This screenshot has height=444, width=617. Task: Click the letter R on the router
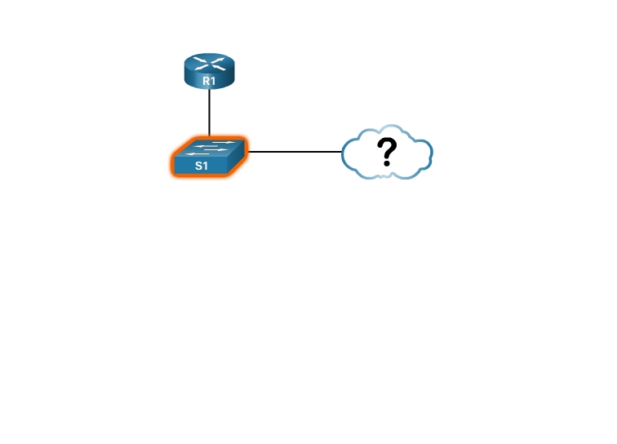click(x=206, y=81)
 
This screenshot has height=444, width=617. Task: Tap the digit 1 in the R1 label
click(x=213, y=81)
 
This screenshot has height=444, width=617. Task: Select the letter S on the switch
click(x=198, y=166)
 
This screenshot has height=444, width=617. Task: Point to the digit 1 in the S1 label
click(x=205, y=166)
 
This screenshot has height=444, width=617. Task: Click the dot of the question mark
click(x=387, y=162)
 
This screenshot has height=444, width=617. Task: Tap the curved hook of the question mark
click(x=387, y=147)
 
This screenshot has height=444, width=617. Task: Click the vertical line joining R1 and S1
click(x=209, y=113)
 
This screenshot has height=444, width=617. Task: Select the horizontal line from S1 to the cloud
click(x=295, y=151)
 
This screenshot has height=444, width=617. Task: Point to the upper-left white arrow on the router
click(x=201, y=60)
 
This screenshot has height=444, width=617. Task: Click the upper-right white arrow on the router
click(x=218, y=60)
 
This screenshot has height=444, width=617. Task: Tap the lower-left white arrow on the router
click(x=201, y=67)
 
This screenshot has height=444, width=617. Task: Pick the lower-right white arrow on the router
click(x=219, y=67)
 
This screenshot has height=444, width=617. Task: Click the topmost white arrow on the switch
click(x=223, y=142)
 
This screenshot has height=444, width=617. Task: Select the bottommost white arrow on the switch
click(x=198, y=153)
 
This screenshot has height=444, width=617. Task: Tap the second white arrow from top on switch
click(x=206, y=146)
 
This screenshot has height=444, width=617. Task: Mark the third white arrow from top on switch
click(x=215, y=149)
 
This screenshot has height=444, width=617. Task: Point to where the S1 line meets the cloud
click(x=341, y=151)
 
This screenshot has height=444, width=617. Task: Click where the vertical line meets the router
click(x=209, y=89)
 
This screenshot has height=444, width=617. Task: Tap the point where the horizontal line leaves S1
click(x=248, y=151)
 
